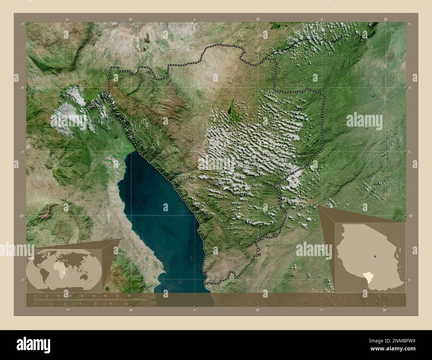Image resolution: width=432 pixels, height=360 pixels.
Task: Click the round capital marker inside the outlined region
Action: tap(229, 131)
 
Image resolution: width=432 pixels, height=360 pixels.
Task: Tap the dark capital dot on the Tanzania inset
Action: tap(375, 256)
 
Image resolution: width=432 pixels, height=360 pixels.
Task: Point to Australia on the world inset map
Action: tap(90, 275)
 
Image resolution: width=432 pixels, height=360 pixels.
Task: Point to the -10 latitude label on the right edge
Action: tap(410, 216)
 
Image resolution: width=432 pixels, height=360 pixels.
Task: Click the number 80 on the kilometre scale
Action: tap(129, 296)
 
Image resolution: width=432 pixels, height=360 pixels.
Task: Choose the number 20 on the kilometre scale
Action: tap(58, 296)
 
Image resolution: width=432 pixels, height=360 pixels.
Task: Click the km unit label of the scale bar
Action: tap(153, 296)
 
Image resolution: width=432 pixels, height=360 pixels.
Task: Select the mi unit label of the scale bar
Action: tap(152, 303)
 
